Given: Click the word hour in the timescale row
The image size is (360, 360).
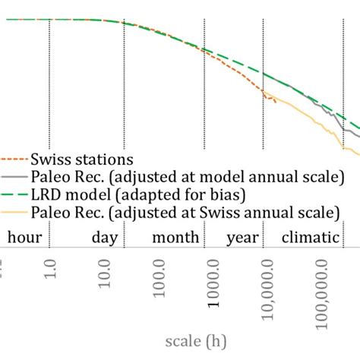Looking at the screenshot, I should [x=24, y=237].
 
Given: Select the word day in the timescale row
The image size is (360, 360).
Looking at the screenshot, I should [x=105, y=237].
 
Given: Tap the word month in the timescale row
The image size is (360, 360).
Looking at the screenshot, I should [x=175, y=237].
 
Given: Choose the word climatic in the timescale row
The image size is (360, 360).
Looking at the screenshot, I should [x=311, y=237].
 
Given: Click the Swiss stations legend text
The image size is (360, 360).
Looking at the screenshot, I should [x=82, y=159].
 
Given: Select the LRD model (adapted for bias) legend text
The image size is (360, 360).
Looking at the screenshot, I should [x=137, y=194].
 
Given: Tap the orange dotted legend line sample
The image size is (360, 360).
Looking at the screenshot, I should [x=14, y=160].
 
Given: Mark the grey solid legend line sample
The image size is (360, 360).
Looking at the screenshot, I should [x=14, y=178].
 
